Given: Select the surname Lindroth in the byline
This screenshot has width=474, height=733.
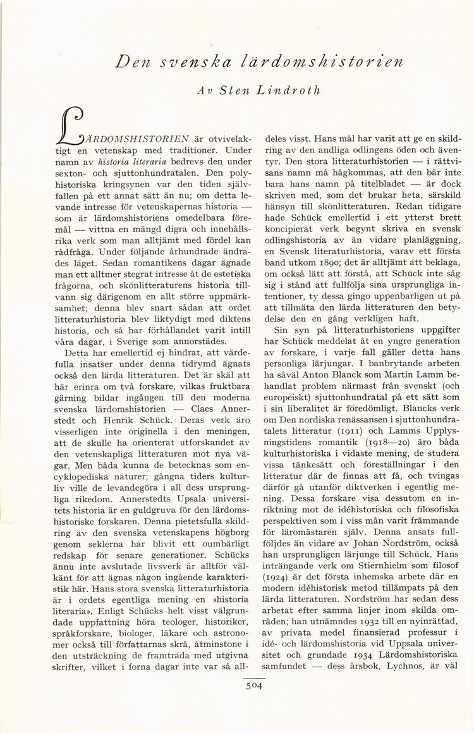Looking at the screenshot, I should pyautogui.click(x=289, y=90).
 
